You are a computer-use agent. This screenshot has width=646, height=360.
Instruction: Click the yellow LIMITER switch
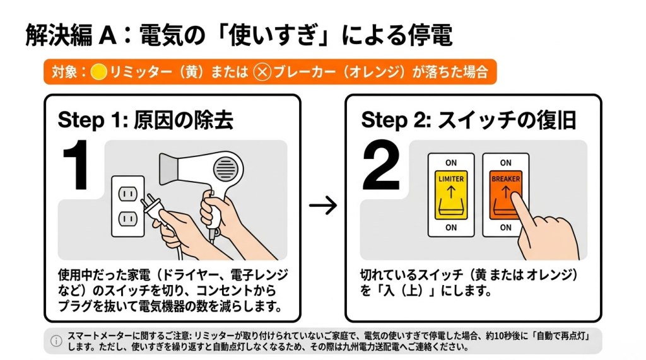coord(451,195)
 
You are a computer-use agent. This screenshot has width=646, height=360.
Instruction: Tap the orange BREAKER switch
coord(505,195)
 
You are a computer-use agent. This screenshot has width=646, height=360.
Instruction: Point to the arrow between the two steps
coord(323,205)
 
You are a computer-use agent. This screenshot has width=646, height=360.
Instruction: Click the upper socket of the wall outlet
coord(127,194)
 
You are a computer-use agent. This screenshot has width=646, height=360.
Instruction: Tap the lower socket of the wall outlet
coord(127,219)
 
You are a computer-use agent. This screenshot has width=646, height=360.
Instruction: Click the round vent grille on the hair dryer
coord(226,168)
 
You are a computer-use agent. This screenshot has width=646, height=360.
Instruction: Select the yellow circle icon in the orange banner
coord(98,72)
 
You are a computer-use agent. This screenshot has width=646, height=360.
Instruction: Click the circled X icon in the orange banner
coord(262,72)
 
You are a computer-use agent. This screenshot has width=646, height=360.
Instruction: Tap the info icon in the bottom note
coord(56,341)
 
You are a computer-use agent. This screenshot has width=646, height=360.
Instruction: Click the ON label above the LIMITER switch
coord(451,163)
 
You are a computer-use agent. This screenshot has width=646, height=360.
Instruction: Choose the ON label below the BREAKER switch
coord(505,228)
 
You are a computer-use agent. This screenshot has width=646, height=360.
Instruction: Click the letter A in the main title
coord(107,35)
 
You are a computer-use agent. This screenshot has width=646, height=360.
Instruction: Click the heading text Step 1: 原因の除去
coord(146,120)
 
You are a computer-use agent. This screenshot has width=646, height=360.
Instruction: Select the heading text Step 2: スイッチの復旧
coord(469,120)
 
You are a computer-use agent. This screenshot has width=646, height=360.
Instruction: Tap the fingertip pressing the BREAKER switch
coord(515,199)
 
